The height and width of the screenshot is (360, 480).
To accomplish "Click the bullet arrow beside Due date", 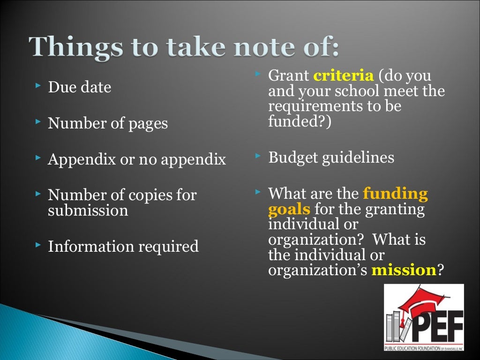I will (x=38, y=86).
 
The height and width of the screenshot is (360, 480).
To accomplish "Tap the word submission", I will (x=88, y=211).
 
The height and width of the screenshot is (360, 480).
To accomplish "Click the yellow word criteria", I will (x=343, y=75).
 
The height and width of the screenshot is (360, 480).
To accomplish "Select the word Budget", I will (x=292, y=157).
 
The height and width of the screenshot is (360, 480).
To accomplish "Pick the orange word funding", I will (x=395, y=193).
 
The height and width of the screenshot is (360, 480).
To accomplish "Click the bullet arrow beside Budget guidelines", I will (x=257, y=155).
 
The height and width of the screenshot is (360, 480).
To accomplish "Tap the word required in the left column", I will (x=168, y=246).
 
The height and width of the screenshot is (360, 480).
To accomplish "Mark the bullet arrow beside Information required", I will (x=38, y=244).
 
